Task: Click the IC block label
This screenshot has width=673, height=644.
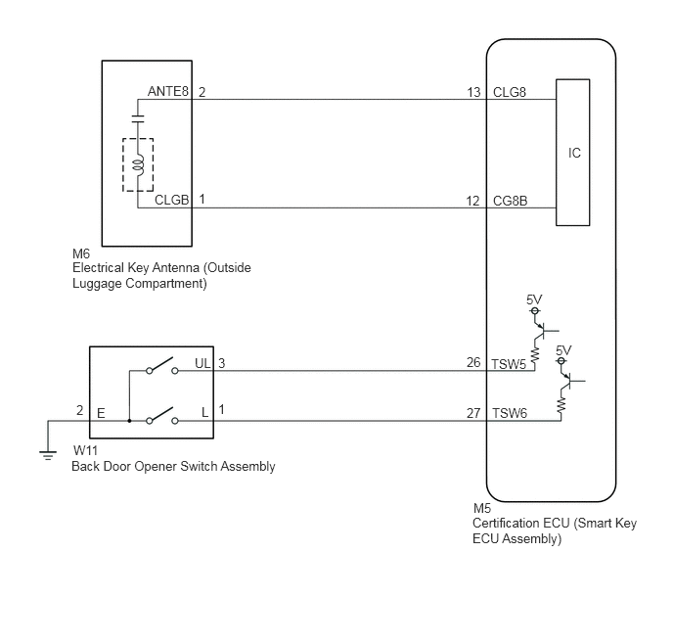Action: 574,153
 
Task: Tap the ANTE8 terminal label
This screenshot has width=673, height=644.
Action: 168,91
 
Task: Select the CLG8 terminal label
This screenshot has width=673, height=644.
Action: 510,92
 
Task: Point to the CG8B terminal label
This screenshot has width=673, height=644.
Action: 510,201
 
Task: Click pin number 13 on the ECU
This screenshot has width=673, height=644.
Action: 473,92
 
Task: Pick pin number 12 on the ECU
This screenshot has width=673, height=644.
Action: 473,201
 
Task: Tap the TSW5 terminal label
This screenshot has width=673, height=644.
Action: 509,364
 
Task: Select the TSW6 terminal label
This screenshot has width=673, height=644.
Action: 510,413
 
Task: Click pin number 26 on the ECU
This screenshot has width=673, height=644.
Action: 473,363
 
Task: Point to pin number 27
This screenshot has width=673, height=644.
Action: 473,413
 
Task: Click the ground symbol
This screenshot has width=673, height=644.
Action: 48,455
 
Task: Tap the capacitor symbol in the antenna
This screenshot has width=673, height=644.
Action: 138,119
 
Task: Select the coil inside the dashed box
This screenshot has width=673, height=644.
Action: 139,164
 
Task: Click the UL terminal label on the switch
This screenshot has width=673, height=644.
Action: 202,364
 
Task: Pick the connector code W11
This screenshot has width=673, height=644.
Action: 85,451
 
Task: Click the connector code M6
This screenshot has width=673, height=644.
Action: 81,253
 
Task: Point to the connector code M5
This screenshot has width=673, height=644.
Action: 482,508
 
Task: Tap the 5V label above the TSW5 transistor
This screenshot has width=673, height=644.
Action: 534,299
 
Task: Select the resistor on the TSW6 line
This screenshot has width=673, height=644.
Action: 561,405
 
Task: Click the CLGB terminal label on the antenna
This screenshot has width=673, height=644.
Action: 172,200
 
